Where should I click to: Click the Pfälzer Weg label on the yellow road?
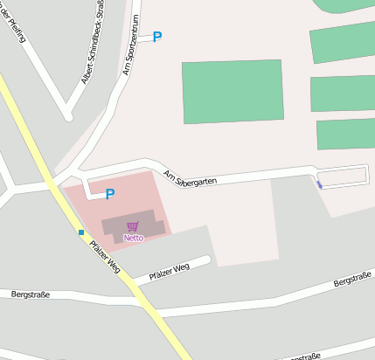104,256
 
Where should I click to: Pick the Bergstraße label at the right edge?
353,279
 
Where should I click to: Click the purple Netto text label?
134,238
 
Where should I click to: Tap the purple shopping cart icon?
133,227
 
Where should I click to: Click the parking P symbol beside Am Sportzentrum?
157,37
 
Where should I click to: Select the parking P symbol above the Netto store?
110,194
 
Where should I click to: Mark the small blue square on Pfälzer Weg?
81,232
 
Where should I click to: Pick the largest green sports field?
232,91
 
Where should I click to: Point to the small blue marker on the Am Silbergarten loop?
319,184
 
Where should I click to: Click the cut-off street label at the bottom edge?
302,357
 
